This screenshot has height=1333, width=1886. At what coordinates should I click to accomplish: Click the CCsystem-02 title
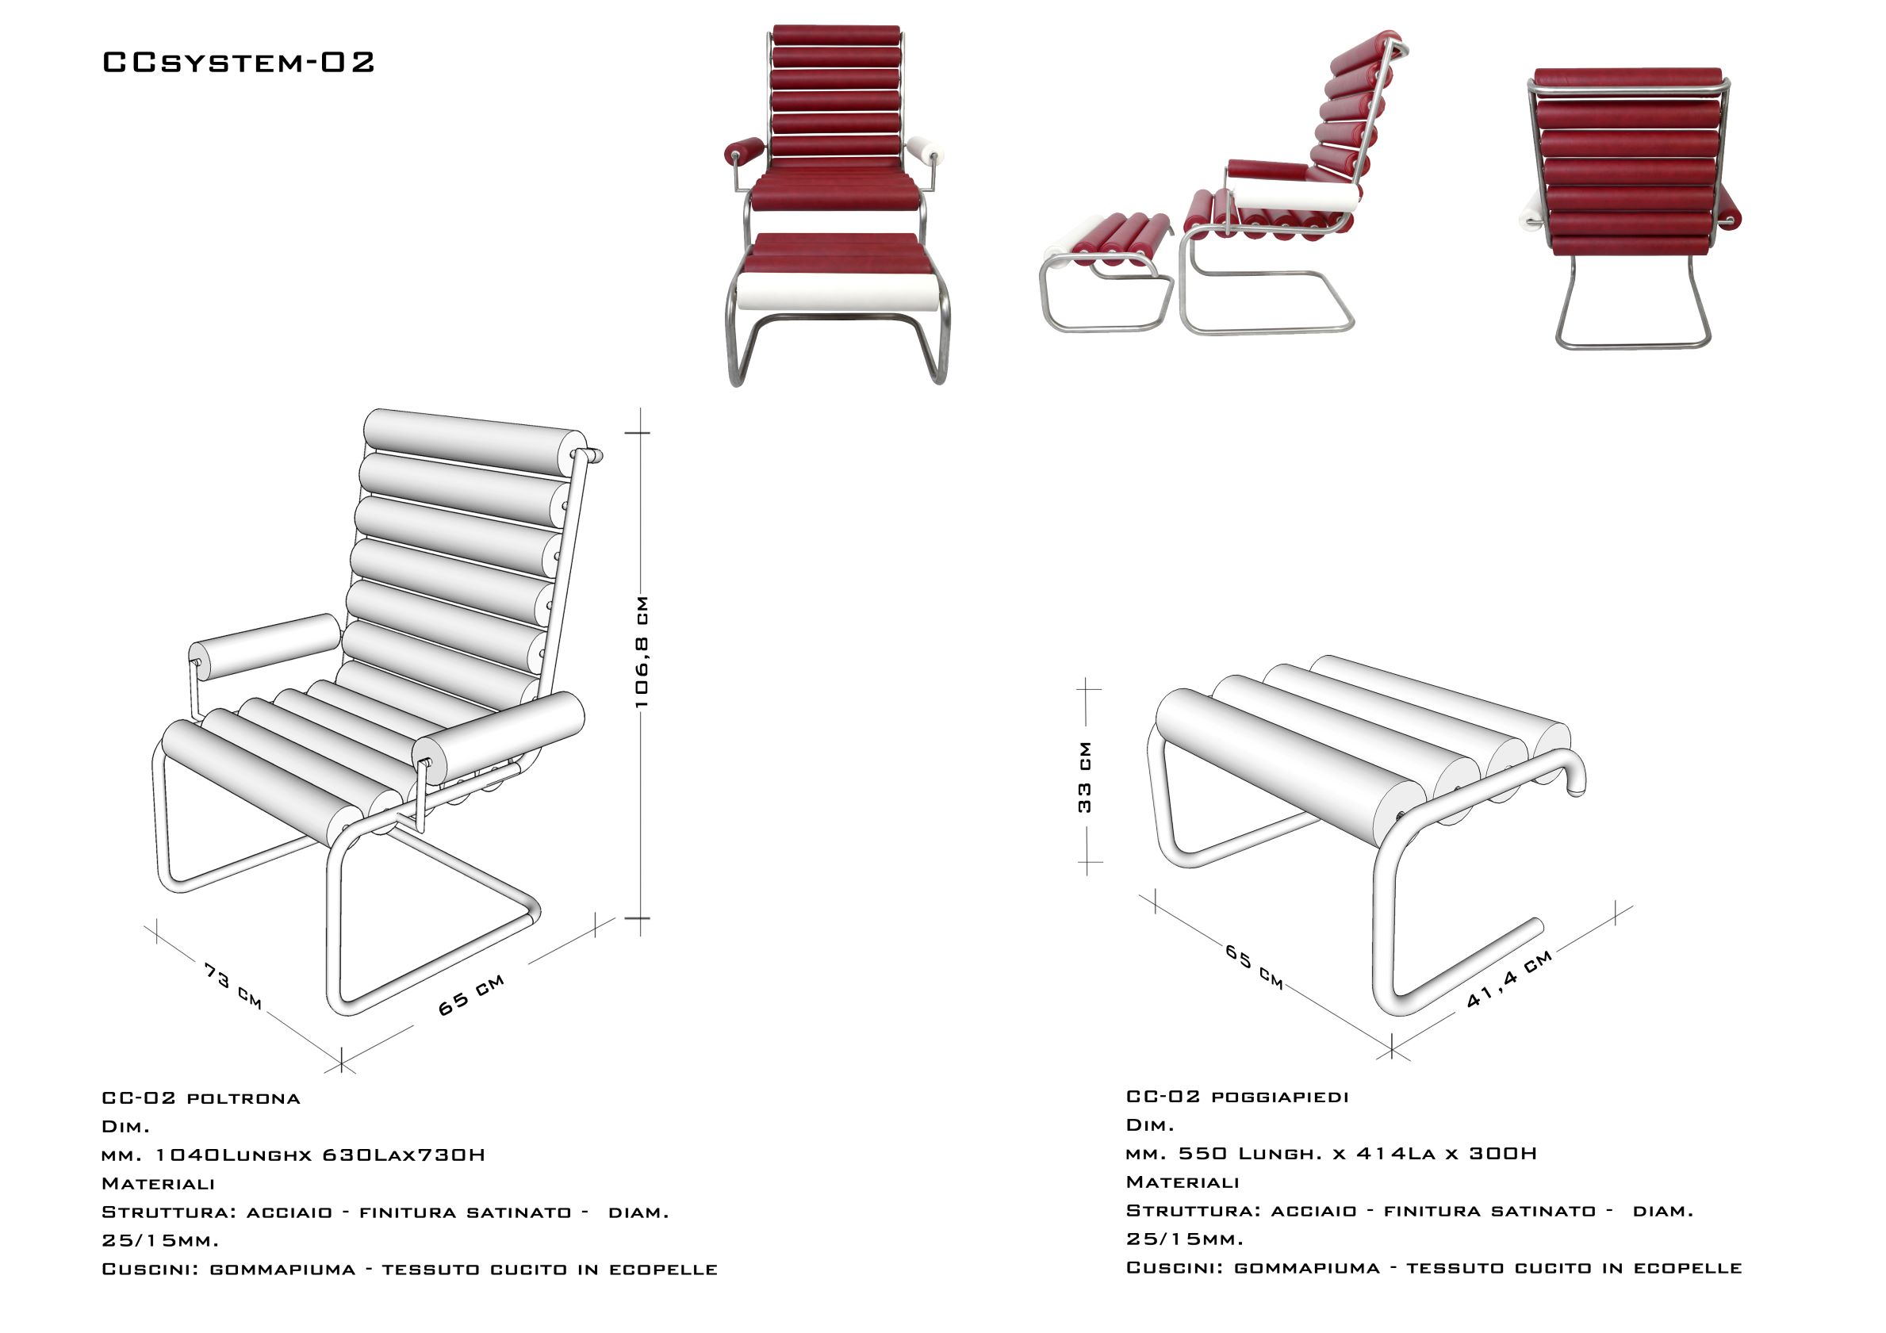point(238,63)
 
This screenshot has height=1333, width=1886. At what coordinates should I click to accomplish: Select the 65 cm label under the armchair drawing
point(470,994)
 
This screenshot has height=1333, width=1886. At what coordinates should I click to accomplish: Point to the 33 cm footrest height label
point(1085,777)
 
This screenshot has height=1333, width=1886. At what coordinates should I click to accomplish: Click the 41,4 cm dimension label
point(1510,979)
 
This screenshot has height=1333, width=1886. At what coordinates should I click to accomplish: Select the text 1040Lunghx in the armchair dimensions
point(234,1155)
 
